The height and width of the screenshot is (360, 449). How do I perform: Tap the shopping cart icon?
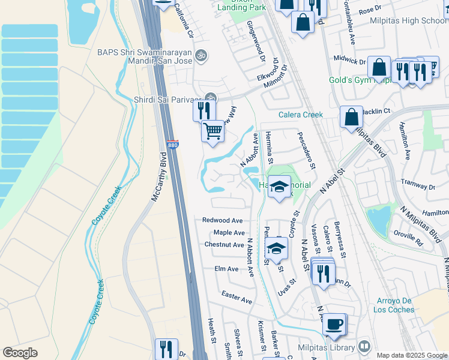pyautogui.click(x=212, y=130)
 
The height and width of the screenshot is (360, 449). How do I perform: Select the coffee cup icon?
pyautogui.click(x=335, y=325)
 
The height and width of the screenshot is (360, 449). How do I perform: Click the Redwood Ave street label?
pyautogui.click(x=222, y=220)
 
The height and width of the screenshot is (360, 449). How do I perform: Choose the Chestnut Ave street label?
pyautogui.click(x=223, y=245)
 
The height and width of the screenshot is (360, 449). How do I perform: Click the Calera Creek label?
pyautogui.click(x=300, y=115)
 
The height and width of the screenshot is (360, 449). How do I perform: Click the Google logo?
pyautogui.click(x=20, y=353)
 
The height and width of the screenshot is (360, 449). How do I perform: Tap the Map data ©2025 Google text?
pyautogui.click(x=411, y=355)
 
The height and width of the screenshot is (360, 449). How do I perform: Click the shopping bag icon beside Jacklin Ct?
pyautogui.click(x=351, y=116)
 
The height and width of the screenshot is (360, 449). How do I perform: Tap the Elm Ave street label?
pyautogui.click(x=226, y=269)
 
